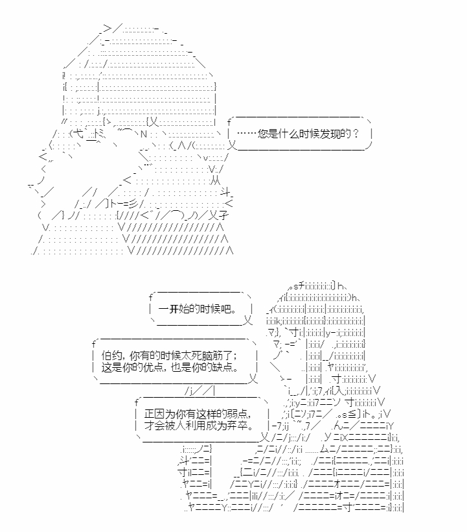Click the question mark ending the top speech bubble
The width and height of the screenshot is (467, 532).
coord(356,134)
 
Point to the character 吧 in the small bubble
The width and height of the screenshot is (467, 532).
coord(226,309)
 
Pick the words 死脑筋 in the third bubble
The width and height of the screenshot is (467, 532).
coord(209,356)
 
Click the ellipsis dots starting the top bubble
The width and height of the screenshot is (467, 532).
coord(247,133)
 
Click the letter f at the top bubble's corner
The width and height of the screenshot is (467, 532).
coord(229,122)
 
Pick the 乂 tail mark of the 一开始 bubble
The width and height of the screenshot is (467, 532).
coord(248,320)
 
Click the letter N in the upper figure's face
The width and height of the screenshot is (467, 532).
coord(144,134)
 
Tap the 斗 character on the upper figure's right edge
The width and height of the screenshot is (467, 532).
coord(225,193)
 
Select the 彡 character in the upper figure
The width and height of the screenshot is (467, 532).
coord(133,204)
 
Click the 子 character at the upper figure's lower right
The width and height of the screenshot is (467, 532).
coord(223,215)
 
